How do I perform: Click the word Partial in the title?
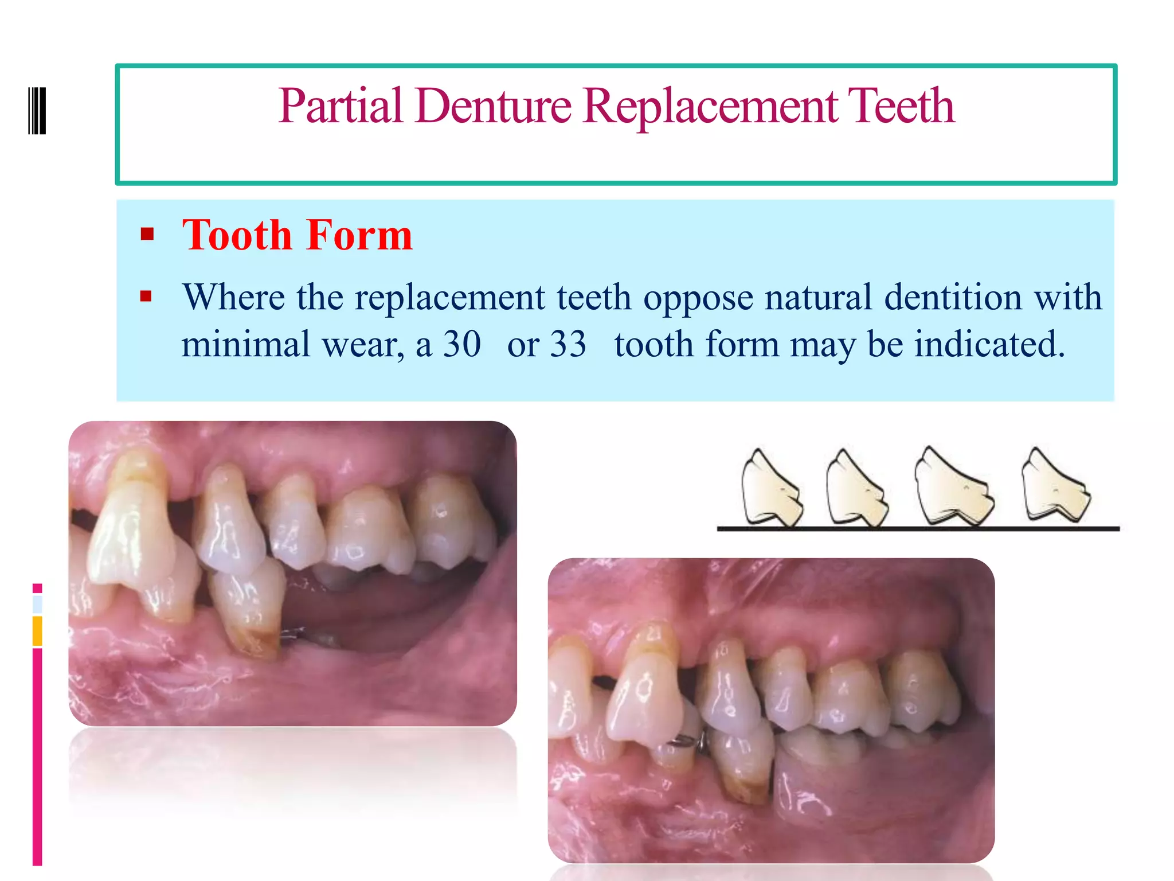click(341, 106)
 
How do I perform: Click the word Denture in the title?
click(494, 106)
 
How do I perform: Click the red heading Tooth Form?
click(297, 235)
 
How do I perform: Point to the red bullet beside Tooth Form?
click(147, 234)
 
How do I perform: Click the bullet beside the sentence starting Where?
click(146, 297)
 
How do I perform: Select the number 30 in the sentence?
click(462, 344)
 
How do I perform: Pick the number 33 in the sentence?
click(568, 344)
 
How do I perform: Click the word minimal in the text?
click(246, 344)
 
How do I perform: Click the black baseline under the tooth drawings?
click(917, 528)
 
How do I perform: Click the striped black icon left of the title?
click(37, 110)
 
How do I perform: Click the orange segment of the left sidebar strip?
click(37, 630)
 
